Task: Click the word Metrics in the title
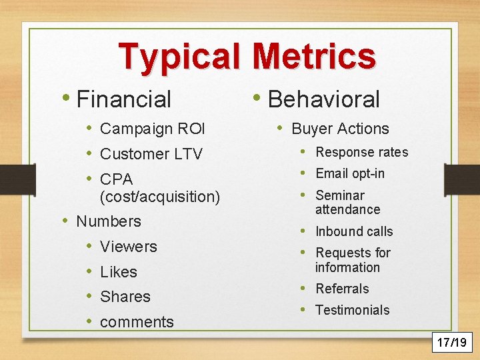[x=314, y=56]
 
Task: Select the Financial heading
[x=124, y=99]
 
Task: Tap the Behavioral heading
[x=323, y=99]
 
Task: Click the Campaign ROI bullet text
[x=153, y=129]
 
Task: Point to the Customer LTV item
[x=151, y=154]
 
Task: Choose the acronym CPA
[x=116, y=179]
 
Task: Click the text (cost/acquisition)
[x=159, y=197]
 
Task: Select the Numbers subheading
[x=109, y=221]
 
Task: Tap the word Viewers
[x=128, y=246]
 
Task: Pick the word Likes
[x=118, y=272]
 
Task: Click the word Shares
[x=125, y=297]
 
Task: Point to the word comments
[x=137, y=322]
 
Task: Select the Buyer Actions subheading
[x=340, y=129]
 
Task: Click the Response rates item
[x=361, y=152]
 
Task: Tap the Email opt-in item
[x=349, y=173]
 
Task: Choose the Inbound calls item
[x=354, y=231]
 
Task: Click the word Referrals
[x=342, y=289]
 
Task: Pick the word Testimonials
[x=352, y=310]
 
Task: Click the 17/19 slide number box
[x=451, y=343]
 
